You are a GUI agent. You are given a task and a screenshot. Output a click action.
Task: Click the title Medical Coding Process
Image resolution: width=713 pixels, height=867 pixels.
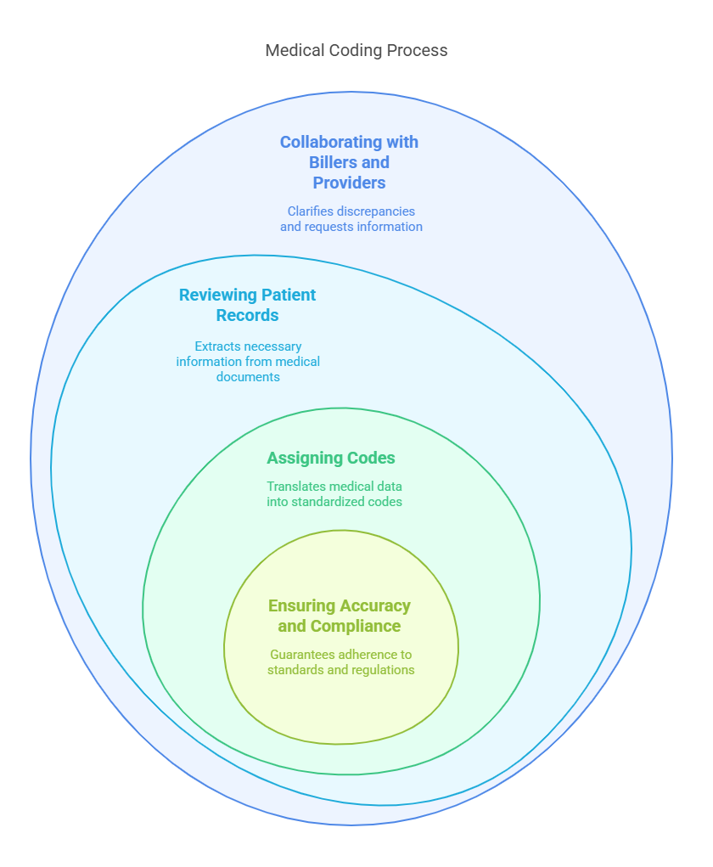(356, 50)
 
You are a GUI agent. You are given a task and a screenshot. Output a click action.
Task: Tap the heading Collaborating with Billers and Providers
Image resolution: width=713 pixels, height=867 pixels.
(349, 162)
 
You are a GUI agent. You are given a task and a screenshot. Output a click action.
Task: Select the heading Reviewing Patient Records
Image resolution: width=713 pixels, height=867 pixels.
(247, 305)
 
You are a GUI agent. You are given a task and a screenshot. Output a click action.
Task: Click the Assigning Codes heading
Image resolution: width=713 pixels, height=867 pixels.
(331, 459)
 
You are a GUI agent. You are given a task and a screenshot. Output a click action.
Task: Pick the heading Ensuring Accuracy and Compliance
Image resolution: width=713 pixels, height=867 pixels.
(340, 616)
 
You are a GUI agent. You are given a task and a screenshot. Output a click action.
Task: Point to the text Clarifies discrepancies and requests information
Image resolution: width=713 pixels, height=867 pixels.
(351, 218)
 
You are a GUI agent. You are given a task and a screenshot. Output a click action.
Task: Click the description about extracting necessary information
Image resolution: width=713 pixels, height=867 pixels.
(248, 361)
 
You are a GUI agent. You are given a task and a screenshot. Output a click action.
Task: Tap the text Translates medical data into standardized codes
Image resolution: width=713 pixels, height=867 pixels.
(334, 494)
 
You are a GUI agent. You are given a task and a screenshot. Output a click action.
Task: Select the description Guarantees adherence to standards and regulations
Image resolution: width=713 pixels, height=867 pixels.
(340, 662)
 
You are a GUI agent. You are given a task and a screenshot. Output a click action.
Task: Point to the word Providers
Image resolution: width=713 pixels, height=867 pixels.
(349, 183)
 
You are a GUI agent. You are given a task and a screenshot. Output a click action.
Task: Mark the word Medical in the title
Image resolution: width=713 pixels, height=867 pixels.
(295, 50)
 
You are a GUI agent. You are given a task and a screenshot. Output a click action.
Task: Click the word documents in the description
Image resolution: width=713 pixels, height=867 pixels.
(248, 376)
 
